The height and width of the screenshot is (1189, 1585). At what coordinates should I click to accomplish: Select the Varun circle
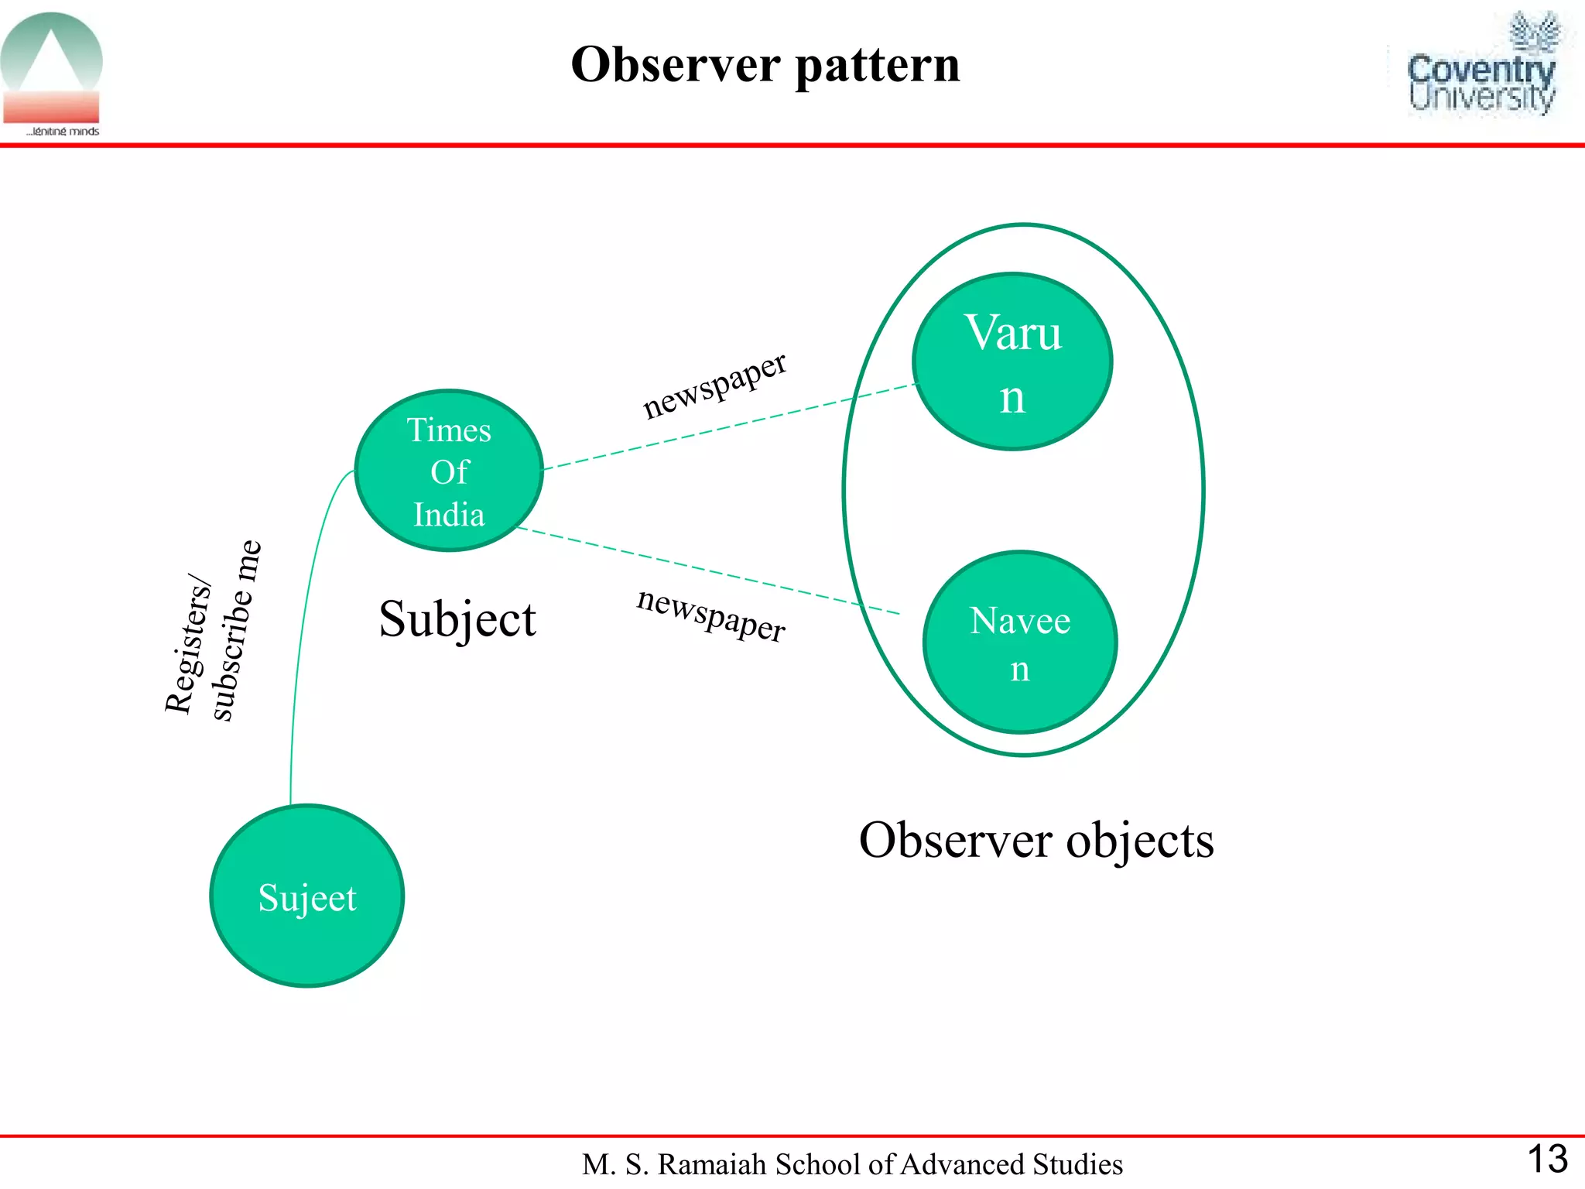(1012, 361)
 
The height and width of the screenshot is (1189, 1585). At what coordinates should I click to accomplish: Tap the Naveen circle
(1020, 642)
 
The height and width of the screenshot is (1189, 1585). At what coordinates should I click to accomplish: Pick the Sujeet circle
(307, 896)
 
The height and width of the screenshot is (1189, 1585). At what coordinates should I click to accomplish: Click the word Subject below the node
(457, 619)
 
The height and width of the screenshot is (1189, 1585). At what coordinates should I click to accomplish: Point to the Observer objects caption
(1036, 841)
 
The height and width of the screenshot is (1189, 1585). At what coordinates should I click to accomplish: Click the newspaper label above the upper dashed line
(714, 385)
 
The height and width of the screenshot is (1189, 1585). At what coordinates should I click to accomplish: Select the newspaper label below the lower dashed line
(710, 615)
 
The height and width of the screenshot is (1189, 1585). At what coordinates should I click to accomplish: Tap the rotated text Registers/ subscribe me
(213, 631)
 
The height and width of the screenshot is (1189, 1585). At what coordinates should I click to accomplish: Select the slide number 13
(1547, 1159)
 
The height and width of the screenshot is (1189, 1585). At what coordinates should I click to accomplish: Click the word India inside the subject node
(449, 515)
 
